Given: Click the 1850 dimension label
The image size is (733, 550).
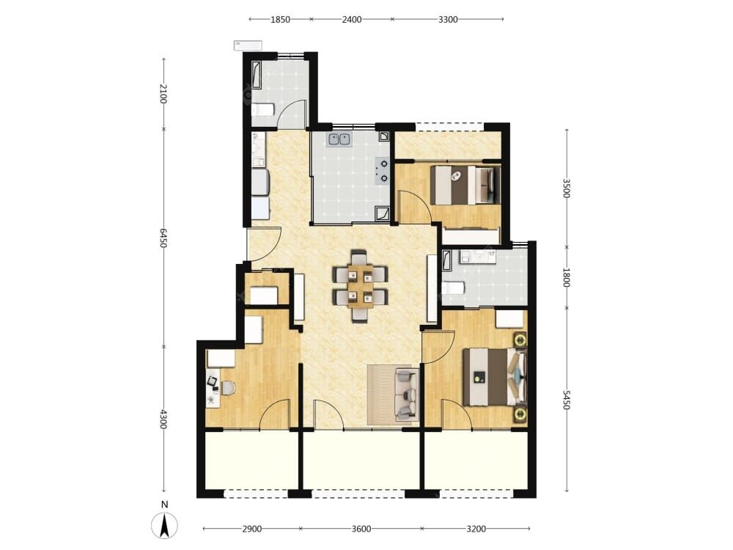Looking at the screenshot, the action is (x=281, y=20).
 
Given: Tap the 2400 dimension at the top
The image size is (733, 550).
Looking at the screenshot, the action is (x=352, y=20).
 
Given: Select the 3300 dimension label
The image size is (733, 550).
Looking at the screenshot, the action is (x=448, y=20).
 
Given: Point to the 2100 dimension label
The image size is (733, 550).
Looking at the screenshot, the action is (x=163, y=94).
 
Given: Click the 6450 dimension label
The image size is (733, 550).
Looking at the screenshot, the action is (x=163, y=238).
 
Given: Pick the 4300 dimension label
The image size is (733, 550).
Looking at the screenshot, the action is (x=163, y=419).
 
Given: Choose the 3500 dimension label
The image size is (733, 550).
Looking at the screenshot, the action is (x=567, y=188).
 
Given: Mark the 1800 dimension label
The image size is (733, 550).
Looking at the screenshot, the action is (x=567, y=277).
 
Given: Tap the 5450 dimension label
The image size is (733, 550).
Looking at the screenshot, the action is (x=567, y=400).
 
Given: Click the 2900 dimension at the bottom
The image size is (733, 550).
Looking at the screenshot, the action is (x=252, y=529).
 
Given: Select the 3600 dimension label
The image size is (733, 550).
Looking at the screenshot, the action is (x=361, y=529).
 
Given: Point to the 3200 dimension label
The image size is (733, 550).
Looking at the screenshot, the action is (x=476, y=529).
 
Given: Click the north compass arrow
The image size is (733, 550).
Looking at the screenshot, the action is (x=164, y=526).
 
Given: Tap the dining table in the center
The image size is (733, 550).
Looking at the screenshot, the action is (x=360, y=286).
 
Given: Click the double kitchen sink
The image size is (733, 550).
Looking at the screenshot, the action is (x=339, y=139).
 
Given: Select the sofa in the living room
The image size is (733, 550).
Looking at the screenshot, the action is (x=406, y=394).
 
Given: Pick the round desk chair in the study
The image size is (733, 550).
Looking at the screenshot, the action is (x=228, y=388).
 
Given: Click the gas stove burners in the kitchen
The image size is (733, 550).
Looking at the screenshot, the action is (x=383, y=170).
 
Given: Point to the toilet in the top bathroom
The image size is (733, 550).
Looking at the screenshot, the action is (x=262, y=111).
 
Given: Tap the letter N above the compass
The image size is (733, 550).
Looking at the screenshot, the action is (x=164, y=505).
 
